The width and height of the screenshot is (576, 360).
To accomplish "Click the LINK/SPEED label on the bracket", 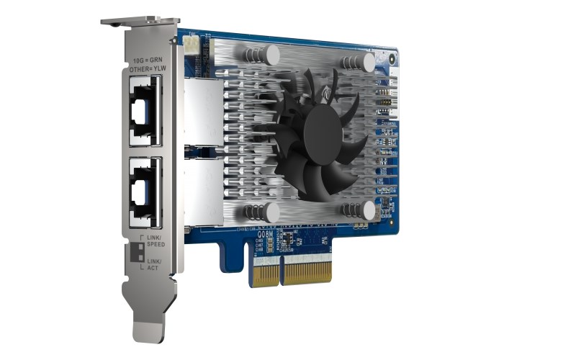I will tap(156, 241).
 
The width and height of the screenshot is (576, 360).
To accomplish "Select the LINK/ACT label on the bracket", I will tap(154, 264).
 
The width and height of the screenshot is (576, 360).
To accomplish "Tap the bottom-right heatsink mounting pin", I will tap(367, 210).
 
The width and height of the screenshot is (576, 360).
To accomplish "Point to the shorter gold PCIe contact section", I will tap(264, 274).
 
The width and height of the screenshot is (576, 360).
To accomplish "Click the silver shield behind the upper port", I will tap(202, 112).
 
